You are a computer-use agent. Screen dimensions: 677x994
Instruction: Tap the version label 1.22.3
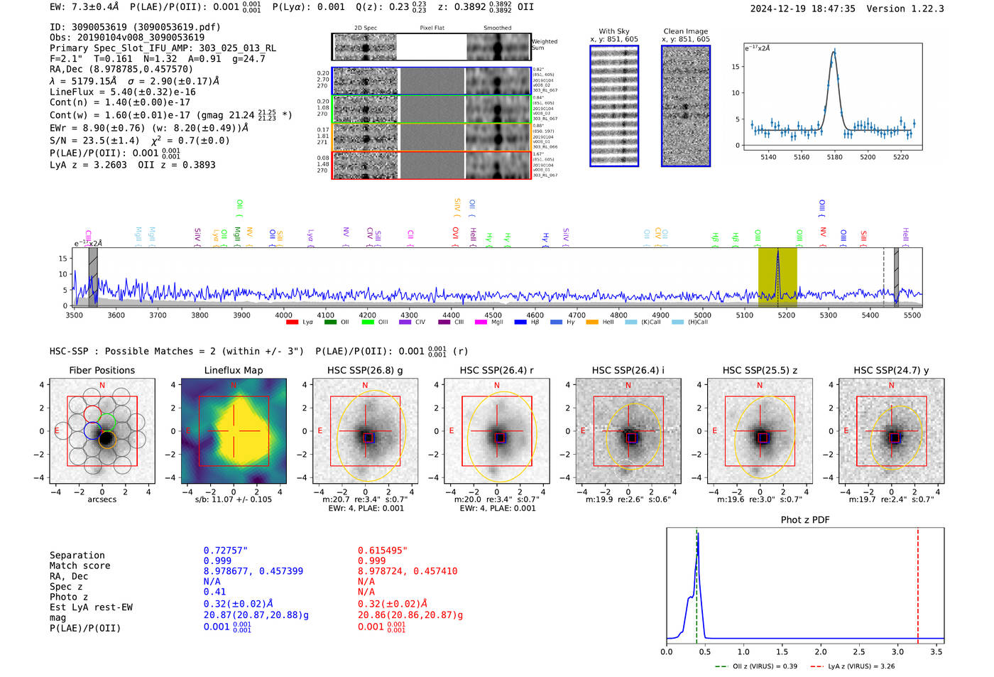pos(927,9)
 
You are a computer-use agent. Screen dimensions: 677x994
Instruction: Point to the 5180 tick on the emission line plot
pos(834,157)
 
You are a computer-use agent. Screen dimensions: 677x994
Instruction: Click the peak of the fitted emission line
pos(834,52)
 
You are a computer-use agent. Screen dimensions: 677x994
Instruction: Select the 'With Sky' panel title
pos(613,31)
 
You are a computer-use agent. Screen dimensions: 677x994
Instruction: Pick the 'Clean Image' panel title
pos(685,31)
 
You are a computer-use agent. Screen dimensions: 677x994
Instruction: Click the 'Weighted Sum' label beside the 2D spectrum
pos(545,44)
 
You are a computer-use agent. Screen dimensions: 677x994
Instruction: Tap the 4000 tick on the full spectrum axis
pos(283,315)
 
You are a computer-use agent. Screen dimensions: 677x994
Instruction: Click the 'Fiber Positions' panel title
pos(102,370)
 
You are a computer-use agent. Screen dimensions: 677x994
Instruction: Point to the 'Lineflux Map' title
pos(233,370)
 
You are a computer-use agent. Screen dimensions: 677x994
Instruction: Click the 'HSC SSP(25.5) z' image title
pos(760,370)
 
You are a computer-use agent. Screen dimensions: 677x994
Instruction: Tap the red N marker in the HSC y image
pos(891,386)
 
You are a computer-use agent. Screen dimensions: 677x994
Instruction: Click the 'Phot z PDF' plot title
pos(804,520)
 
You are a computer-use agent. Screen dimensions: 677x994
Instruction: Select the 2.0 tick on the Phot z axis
pos(820,651)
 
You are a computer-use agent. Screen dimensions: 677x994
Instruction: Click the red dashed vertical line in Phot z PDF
pos(917,583)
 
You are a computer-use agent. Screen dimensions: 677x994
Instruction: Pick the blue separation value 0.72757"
pos(225,551)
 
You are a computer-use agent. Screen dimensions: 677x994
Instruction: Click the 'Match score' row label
pos(80,566)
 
